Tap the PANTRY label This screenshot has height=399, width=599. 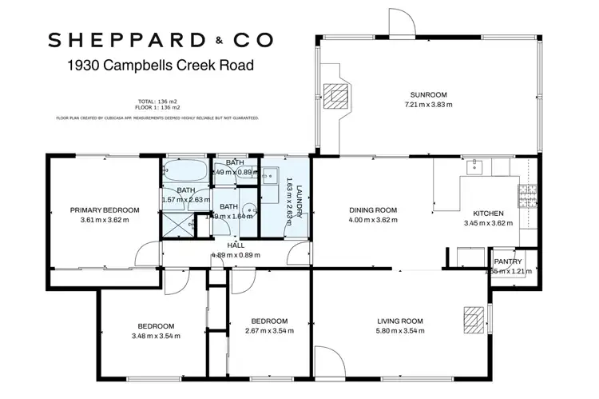point(508,261)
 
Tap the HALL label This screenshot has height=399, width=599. point(236,245)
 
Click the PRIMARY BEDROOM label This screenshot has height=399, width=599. point(105,210)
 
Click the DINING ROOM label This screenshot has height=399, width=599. point(373,210)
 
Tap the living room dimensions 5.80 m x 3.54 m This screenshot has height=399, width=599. point(400,330)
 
